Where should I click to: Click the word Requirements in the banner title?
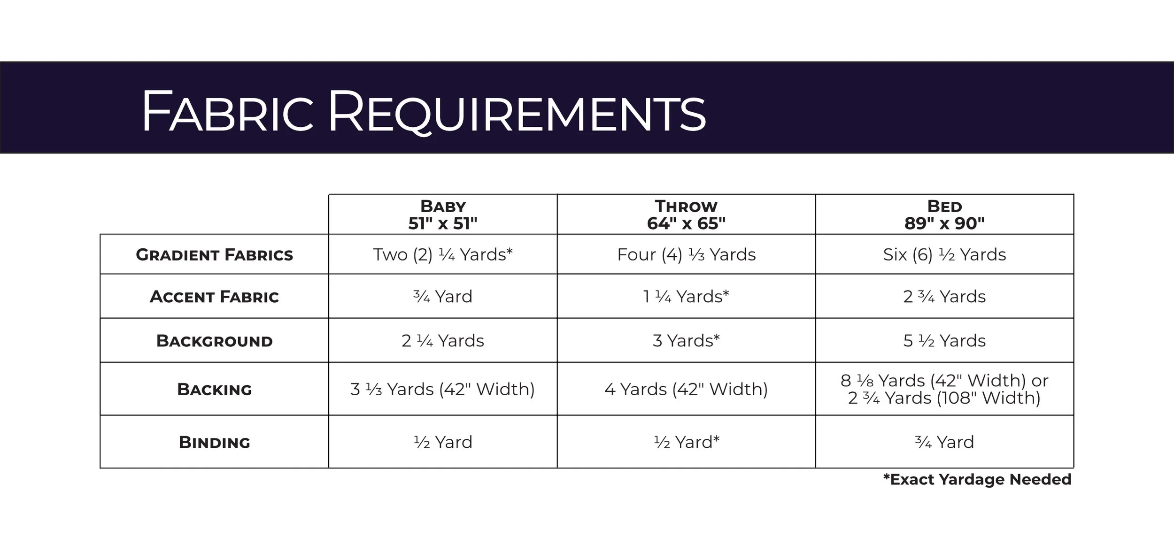pyautogui.click(x=517, y=113)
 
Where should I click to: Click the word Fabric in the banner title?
pyautogui.click(x=228, y=113)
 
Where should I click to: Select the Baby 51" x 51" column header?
pyautogui.click(x=443, y=215)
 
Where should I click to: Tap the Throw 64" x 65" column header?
pyautogui.click(x=686, y=215)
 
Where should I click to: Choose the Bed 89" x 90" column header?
pyautogui.click(x=944, y=215)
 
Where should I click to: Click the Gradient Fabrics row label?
pyautogui.click(x=214, y=255)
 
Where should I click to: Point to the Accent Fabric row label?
pyautogui.click(x=214, y=297)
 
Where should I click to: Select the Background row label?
pyautogui.click(x=214, y=341)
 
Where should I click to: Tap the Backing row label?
pyautogui.click(x=214, y=390)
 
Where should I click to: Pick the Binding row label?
pyautogui.click(x=214, y=442)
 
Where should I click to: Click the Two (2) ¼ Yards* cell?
pyautogui.click(x=443, y=254)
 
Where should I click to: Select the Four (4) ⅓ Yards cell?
pyautogui.click(x=686, y=254)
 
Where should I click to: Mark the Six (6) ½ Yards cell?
pyautogui.click(x=944, y=254)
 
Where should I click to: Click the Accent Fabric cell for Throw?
pyautogui.click(x=686, y=297)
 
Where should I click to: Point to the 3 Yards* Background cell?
pyautogui.click(x=686, y=341)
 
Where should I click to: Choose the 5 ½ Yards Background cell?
pyautogui.click(x=944, y=341)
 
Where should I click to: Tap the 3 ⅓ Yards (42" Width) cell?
pyautogui.click(x=443, y=389)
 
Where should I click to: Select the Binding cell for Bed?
pyautogui.click(x=944, y=442)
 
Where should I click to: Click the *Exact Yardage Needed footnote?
pyautogui.click(x=977, y=479)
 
